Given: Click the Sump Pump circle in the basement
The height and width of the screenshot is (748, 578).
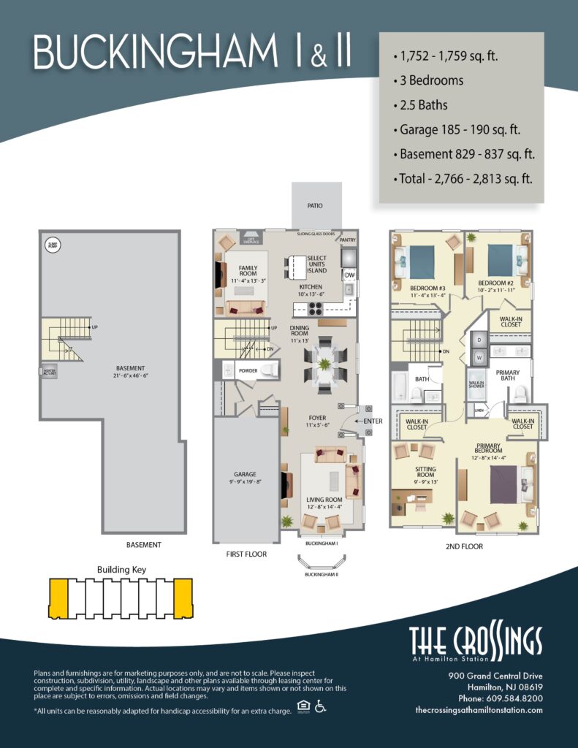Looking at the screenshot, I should (53, 244).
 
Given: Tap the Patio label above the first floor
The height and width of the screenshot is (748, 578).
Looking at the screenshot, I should (314, 206).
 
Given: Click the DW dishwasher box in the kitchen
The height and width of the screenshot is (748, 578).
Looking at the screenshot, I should (349, 275).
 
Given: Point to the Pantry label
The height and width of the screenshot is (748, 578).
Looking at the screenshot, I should (347, 238).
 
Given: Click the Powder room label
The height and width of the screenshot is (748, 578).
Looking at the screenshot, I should (248, 371).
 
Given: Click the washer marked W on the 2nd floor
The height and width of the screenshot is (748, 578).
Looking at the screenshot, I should (479, 358).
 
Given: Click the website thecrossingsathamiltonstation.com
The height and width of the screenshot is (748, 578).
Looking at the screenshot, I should (479, 710).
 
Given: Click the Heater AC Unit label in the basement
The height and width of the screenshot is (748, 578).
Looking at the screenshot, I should (48, 372).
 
